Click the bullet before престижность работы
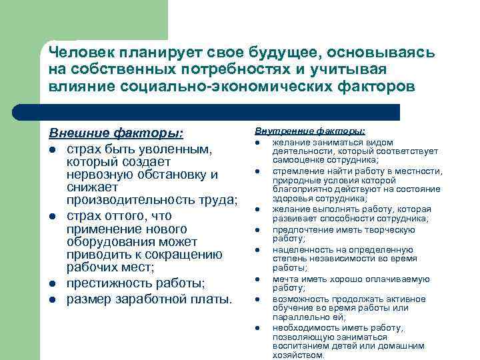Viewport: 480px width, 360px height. point(53,283)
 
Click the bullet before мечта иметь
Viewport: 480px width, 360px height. point(257,279)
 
